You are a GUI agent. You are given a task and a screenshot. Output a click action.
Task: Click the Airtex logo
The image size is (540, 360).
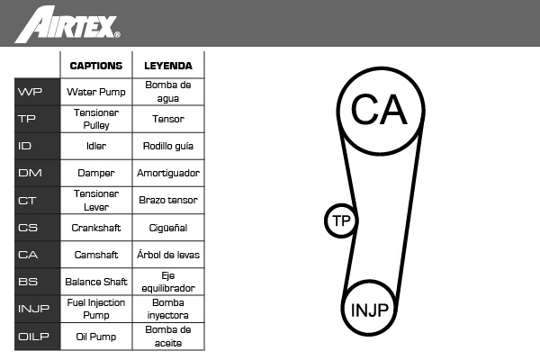point(67,24)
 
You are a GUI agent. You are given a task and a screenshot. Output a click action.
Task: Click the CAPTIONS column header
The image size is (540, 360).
point(96,66)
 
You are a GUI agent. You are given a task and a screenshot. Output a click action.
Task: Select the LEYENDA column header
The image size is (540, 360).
point(168,66)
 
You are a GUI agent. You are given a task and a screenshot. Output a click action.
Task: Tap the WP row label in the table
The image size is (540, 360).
point(30,92)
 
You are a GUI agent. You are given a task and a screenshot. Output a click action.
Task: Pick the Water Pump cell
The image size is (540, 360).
point(96,92)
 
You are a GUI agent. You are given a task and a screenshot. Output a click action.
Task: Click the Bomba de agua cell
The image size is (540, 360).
point(168,92)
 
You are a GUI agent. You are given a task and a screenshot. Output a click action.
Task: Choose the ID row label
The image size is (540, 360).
point(24,146)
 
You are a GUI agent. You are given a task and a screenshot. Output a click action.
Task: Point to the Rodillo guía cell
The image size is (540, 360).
point(168,146)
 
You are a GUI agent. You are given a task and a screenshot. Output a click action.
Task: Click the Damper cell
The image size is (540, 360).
point(96,173)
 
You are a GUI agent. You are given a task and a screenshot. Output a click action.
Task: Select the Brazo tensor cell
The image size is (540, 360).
point(168,200)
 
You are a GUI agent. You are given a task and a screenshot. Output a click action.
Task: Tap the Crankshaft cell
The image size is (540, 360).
point(96,228)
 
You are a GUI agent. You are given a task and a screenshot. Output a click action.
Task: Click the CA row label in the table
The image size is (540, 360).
point(28,255)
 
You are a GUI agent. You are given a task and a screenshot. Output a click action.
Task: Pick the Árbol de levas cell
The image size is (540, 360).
point(168,255)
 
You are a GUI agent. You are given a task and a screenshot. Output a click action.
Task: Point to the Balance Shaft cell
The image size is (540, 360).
point(96,282)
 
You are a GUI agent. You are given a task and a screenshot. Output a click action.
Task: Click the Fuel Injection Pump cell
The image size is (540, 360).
point(96,309)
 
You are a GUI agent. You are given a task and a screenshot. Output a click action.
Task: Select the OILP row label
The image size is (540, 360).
point(33,337)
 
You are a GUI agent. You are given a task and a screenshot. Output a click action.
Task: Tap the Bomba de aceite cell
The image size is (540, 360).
point(168,337)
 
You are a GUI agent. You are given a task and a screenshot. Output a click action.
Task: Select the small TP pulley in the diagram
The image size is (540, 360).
point(327,220)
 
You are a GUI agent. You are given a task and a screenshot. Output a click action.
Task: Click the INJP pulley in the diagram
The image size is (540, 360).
point(344,309)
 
